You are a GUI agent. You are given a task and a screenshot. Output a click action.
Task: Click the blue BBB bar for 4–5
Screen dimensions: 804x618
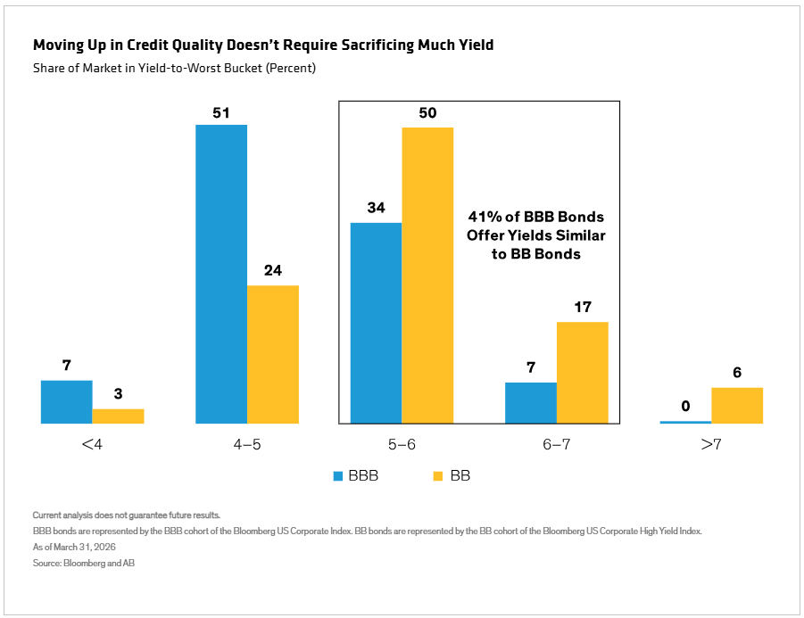click(221, 274)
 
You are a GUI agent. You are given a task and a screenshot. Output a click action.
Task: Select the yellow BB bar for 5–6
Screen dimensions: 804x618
click(427, 276)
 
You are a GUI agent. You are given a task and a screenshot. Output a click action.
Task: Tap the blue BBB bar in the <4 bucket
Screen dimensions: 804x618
click(67, 402)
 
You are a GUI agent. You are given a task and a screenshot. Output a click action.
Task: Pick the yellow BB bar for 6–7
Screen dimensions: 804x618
click(583, 373)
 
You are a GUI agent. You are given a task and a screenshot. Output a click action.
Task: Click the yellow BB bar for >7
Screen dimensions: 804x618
click(737, 406)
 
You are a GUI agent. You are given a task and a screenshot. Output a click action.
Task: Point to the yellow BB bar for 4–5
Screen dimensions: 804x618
click(273, 355)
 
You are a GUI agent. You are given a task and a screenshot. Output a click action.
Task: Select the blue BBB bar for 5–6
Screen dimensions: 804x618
click(376, 324)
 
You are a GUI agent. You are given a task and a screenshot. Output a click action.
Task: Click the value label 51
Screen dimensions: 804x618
click(221, 112)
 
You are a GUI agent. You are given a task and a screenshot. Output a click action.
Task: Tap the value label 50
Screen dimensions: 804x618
click(427, 112)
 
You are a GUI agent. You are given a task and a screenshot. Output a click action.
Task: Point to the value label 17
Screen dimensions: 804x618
click(583, 307)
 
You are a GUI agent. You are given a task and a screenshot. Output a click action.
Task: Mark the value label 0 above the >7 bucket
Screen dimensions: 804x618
click(685, 407)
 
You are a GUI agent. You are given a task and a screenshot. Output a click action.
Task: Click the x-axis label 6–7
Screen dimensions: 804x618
click(556, 444)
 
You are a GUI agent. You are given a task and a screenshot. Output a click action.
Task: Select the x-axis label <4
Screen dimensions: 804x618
click(92, 444)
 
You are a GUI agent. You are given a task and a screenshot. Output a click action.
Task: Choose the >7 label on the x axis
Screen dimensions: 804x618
click(711, 444)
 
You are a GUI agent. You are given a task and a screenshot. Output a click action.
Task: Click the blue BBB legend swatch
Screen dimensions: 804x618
click(338, 476)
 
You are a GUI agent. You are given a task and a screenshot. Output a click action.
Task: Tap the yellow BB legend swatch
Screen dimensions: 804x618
click(438, 476)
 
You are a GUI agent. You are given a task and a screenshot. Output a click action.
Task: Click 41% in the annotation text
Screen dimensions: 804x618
click(485, 217)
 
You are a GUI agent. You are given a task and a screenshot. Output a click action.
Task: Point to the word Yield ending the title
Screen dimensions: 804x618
click(477, 45)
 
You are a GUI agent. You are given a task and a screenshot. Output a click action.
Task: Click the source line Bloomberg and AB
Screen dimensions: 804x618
click(99, 563)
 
